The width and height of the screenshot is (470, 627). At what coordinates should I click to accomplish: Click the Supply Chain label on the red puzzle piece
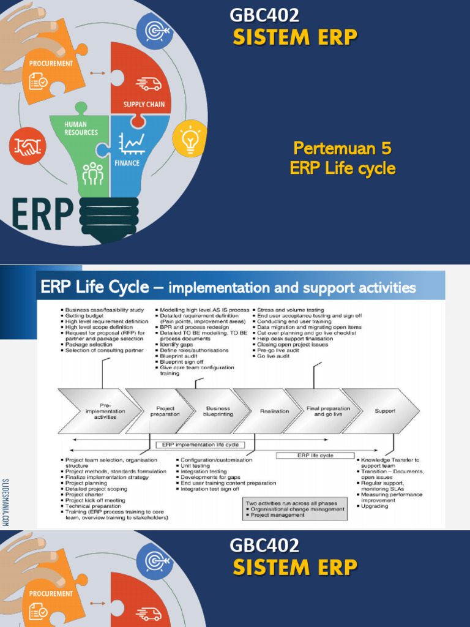[x=144, y=105]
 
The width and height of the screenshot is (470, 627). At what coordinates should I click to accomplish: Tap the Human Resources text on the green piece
[x=81, y=128]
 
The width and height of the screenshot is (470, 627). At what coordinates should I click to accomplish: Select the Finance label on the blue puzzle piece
[x=127, y=163]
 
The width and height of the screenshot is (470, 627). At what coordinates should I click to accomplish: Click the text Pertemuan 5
[x=342, y=148]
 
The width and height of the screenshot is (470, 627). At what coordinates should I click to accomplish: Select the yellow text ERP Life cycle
[x=342, y=168]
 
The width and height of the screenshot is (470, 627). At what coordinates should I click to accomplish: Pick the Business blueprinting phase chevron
[x=217, y=411]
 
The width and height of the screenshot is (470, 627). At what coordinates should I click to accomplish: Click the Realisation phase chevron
[x=274, y=411]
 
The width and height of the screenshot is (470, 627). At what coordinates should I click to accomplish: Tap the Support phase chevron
[x=385, y=411]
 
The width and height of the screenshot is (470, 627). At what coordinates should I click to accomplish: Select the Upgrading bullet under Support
[x=374, y=506]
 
